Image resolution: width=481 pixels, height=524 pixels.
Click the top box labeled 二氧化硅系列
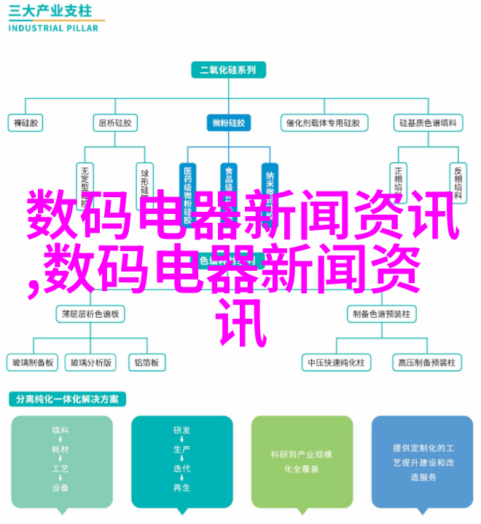[x=228, y=71]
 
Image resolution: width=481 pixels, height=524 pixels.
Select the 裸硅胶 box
[x=26, y=123]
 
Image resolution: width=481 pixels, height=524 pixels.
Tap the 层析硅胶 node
[x=114, y=123]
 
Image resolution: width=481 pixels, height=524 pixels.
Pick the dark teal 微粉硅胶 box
[x=229, y=123]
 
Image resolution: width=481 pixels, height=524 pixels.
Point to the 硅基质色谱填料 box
[x=428, y=123]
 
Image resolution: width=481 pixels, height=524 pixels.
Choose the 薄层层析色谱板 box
[x=89, y=314]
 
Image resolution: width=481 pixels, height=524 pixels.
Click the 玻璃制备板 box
[x=32, y=362]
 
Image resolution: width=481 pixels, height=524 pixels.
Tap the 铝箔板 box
[x=146, y=362]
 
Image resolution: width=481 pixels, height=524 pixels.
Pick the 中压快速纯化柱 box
[x=336, y=362]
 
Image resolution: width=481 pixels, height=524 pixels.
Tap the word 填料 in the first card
[x=61, y=430]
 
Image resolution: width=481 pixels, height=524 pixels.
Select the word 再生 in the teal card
[x=181, y=487]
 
